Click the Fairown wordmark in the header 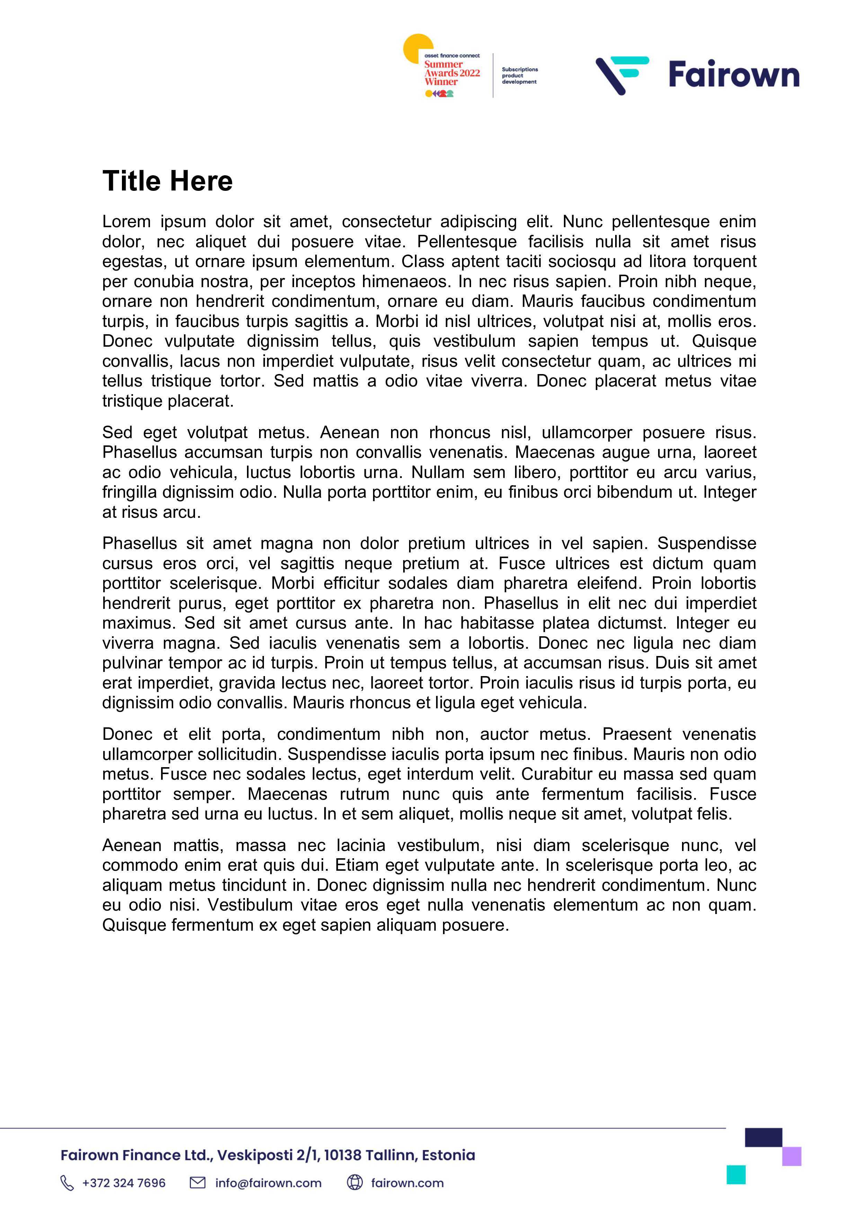pyautogui.click(x=734, y=74)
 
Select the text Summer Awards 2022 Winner pyautogui.click(x=451, y=73)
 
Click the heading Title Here pyautogui.click(x=167, y=181)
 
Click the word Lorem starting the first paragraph pyautogui.click(x=126, y=221)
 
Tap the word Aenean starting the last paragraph pyautogui.click(x=132, y=845)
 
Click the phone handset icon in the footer pyautogui.click(x=67, y=1183)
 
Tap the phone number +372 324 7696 pyautogui.click(x=124, y=1183)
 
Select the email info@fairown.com pyautogui.click(x=268, y=1183)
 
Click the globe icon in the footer pyautogui.click(x=355, y=1182)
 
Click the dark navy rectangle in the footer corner pyautogui.click(x=763, y=1137)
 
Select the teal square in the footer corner pyautogui.click(x=736, y=1174)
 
